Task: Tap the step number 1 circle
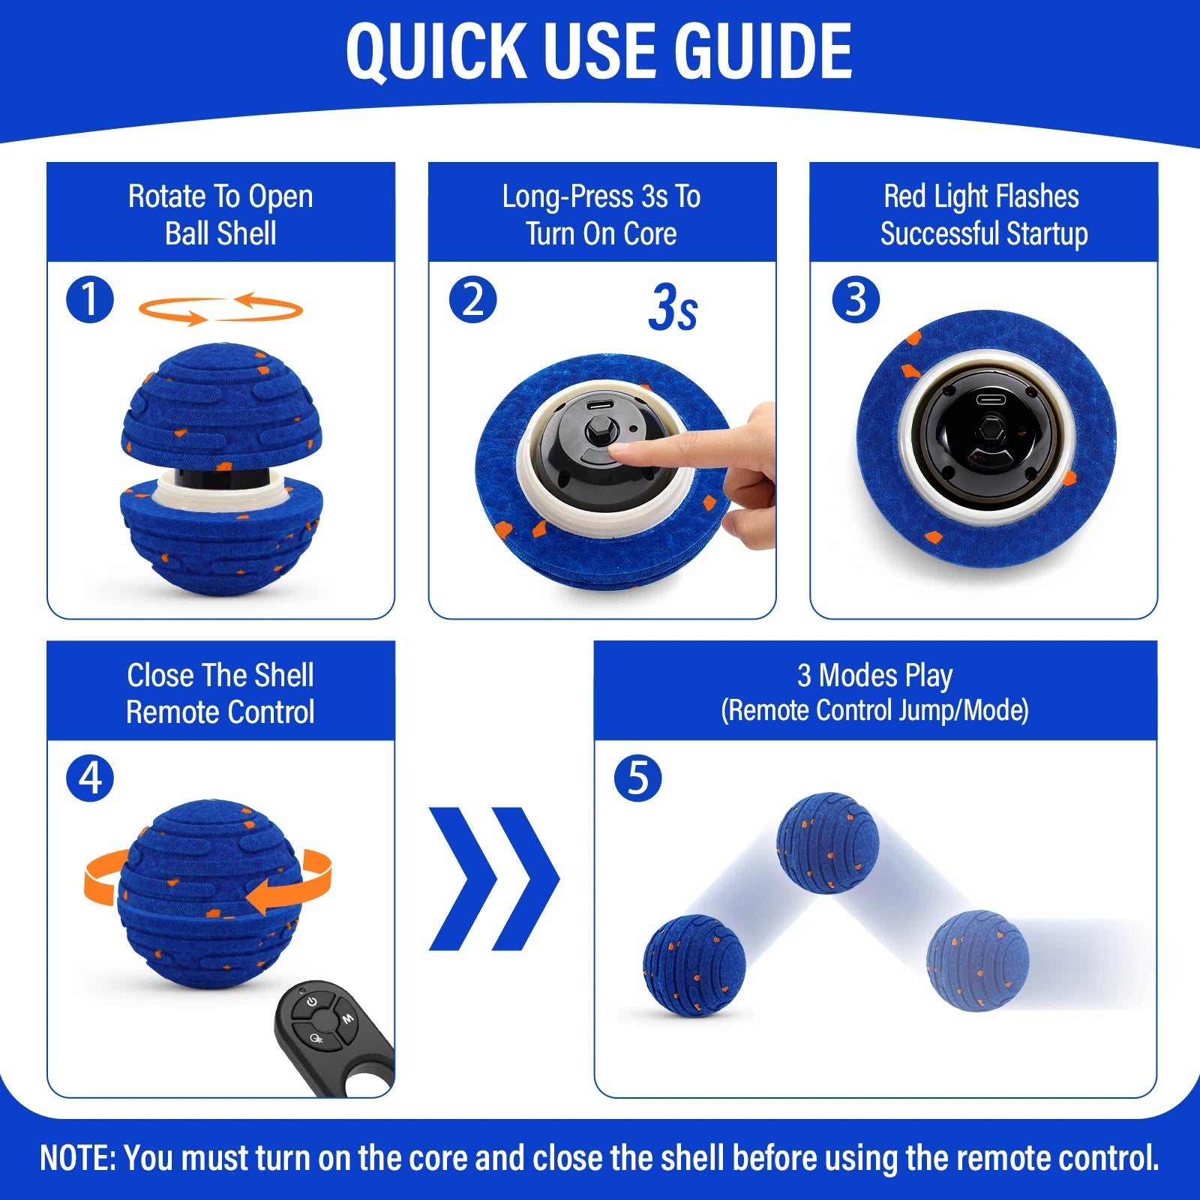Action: click(x=90, y=300)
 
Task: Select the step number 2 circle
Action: click(x=472, y=300)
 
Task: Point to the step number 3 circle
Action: click(x=856, y=300)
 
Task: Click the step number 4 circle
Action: click(x=90, y=778)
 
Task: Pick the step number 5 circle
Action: click(x=637, y=778)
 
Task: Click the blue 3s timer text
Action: click(x=673, y=307)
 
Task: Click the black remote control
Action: click(x=330, y=1035)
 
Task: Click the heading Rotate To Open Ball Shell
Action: click(x=220, y=214)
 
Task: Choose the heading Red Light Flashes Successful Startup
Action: click(x=983, y=214)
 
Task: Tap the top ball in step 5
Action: click(x=827, y=842)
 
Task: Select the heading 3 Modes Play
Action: click(x=874, y=676)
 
